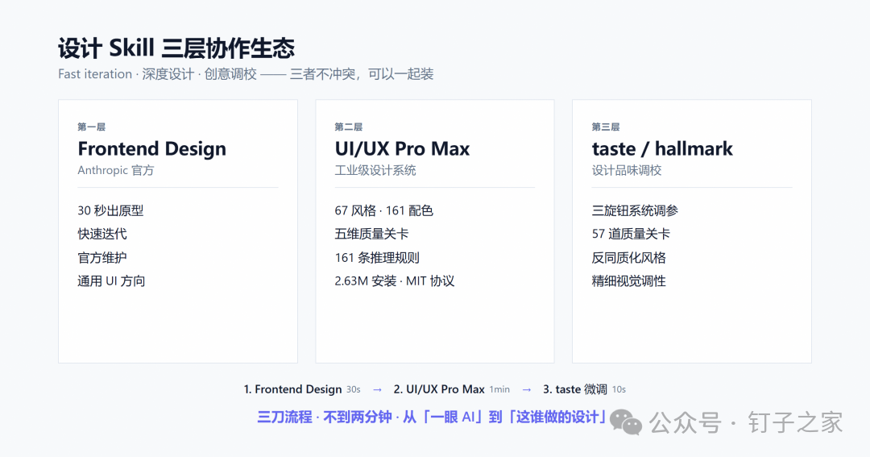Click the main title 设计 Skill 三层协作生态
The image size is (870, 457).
176,48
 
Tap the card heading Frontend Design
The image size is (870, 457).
152,149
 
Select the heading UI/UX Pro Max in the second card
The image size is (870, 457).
402,149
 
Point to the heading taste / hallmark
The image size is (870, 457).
662,149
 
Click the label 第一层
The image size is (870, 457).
92,127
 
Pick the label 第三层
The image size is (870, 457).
605,127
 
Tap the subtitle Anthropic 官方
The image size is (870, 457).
115,171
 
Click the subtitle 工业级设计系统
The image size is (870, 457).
375,171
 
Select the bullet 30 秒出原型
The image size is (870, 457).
110,210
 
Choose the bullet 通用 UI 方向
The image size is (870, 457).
111,281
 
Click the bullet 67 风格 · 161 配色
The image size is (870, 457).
384,210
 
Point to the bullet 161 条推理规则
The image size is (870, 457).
377,258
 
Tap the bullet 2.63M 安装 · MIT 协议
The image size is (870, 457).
395,281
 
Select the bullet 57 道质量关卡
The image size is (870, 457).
631,234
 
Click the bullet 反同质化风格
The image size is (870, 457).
628,258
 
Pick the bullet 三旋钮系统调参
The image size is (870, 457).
635,210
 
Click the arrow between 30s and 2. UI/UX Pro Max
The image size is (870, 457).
377,390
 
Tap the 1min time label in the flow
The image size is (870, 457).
499,390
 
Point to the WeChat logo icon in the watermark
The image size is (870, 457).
626,422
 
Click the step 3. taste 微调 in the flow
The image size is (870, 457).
575,389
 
